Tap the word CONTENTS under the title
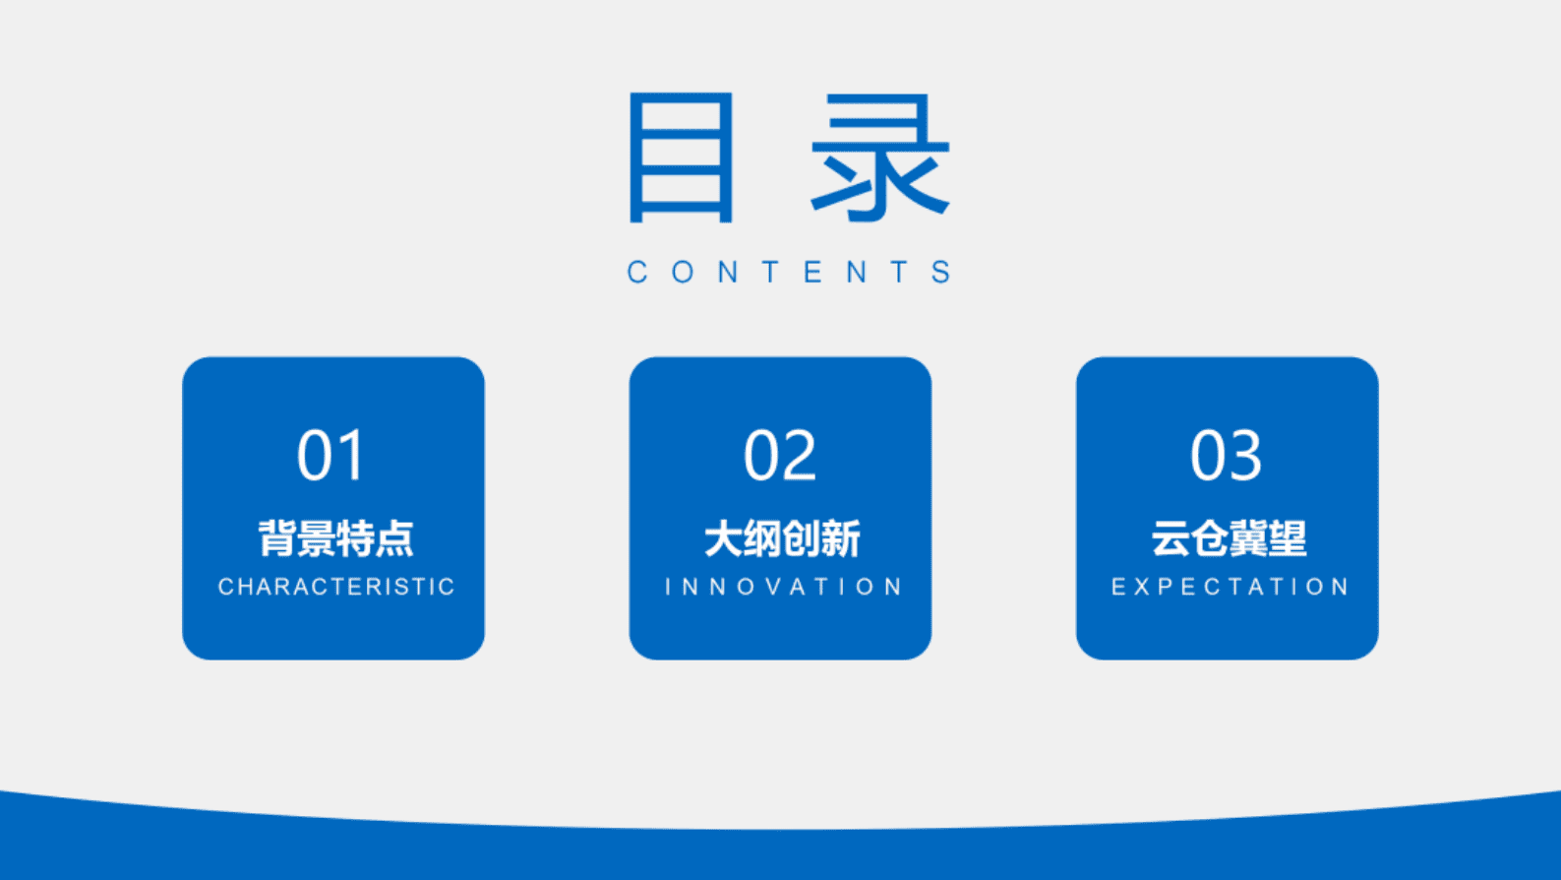point(790,272)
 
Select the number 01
point(331,456)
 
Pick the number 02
point(780,456)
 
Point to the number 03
point(1226,456)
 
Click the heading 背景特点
point(335,539)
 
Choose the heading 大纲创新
point(782,539)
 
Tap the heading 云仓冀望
point(1229,539)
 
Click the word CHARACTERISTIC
point(336,587)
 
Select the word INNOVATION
point(784,587)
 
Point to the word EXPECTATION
point(1231,587)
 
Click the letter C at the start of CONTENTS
point(637,272)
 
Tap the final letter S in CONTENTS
point(942,272)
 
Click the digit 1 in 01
point(351,456)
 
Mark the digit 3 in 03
point(1245,456)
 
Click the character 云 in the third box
point(1170,539)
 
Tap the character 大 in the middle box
point(723,539)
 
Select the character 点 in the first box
point(394,539)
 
